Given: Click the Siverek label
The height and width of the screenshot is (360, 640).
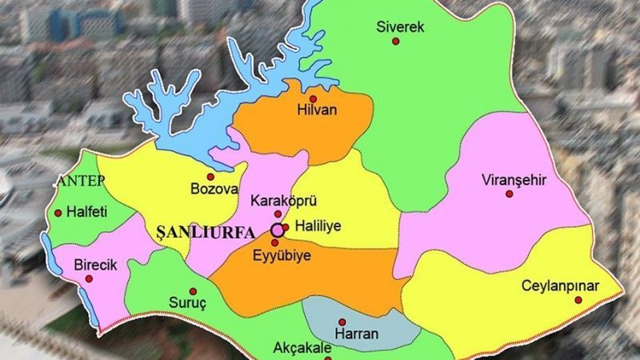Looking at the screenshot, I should tap(400, 27).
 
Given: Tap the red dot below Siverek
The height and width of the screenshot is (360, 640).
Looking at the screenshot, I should tap(394, 41).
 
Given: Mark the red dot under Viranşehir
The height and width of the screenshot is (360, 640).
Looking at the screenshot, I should tap(510, 194).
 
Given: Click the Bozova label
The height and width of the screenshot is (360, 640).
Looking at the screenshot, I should tap(214, 190).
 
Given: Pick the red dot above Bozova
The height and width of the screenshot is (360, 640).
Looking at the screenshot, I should tap(210, 176).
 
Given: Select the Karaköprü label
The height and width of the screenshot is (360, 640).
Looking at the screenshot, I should tap(278, 199).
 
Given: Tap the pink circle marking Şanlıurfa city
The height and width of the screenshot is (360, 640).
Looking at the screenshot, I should tap(277, 230).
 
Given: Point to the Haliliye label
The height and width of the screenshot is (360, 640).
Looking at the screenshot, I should tap(318, 227).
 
